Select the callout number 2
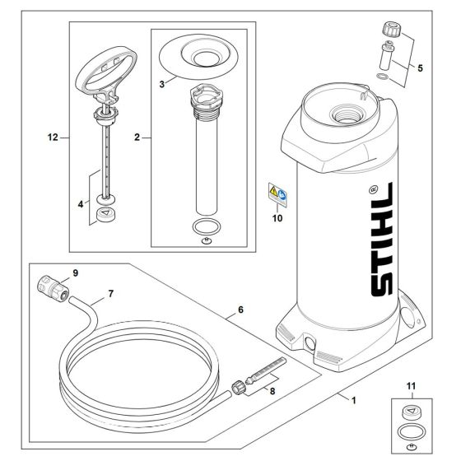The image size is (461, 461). pos(137,138)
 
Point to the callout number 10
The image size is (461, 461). pos(277,218)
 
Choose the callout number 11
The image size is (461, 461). pos(410,385)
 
